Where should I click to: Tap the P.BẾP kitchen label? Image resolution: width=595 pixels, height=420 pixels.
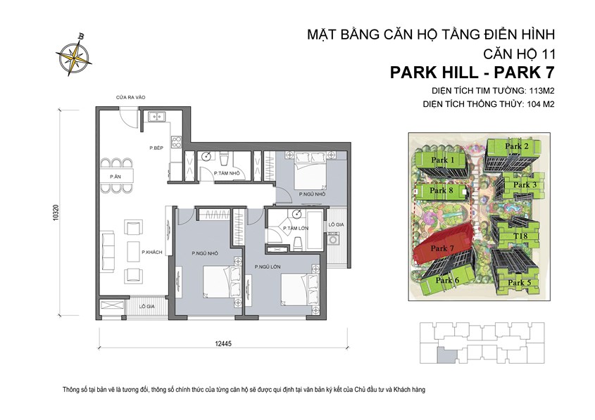(x=156, y=148)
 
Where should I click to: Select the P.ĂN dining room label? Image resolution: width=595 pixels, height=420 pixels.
(x=115, y=177)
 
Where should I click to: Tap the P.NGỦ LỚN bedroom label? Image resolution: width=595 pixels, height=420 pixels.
(x=268, y=267)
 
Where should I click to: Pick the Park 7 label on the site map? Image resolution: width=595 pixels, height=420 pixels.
(x=441, y=248)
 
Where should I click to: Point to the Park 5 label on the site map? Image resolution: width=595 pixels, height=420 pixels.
(x=519, y=283)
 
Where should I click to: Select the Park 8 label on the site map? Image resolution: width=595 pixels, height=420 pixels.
(x=441, y=191)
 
